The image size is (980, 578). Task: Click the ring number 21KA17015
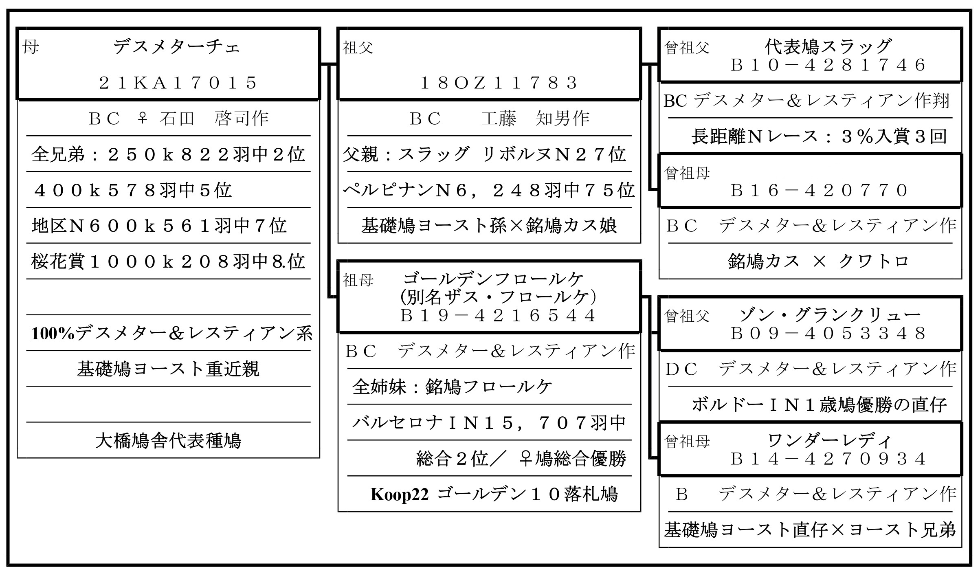[178, 83]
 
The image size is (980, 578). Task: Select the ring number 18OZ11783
[499, 83]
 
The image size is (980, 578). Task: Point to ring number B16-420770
[820, 190]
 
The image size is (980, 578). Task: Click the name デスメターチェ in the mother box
[177, 47]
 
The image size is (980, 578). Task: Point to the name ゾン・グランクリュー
[830, 315]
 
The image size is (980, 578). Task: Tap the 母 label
[31, 47]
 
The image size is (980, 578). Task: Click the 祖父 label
[358, 48]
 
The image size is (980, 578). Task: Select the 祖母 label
[358, 280]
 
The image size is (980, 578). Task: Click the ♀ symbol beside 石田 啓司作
[142, 119]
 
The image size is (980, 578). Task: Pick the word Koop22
[399, 494]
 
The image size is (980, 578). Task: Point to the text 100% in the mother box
[53, 334]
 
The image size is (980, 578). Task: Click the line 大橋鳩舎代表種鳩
[168, 441]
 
